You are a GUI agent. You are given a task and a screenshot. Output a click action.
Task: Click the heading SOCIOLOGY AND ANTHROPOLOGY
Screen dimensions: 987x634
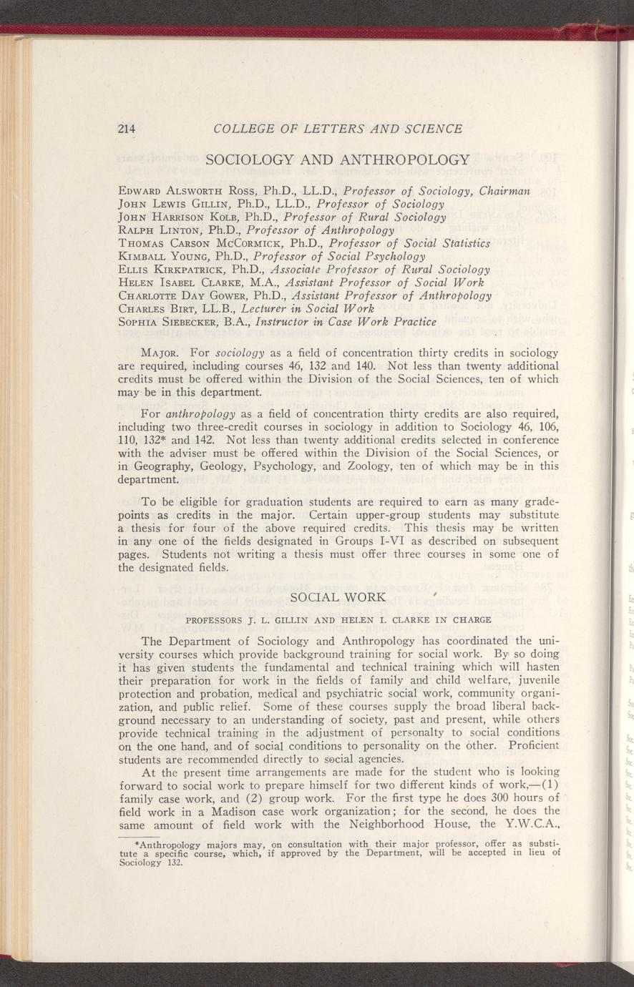pyautogui.click(x=337, y=160)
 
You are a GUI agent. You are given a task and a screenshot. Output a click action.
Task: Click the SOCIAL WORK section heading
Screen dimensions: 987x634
pyautogui.click(x=336, y=597)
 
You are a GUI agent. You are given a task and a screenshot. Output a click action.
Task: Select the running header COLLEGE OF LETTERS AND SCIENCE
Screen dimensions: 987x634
pyautogui.click(x=338, y=129)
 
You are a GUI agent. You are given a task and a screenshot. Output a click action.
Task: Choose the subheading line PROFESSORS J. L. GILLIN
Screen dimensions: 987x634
pyautogui.click(x=336, y=619)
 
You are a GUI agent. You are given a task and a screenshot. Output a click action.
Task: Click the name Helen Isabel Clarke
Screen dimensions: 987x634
pyautogui.click(x=180, y=283)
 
